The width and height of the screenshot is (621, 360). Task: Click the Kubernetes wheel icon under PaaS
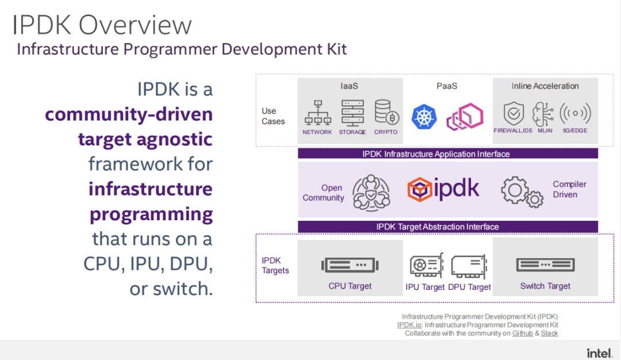(x=424, y=117)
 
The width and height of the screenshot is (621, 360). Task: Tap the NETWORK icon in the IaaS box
(x=317, y=113)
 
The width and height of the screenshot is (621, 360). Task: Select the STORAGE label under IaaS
(x=352, y=132)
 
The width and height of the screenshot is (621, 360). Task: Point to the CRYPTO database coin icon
(x=386, y=113)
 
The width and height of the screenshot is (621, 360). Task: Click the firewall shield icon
(x=513, y=114)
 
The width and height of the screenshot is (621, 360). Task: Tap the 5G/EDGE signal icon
(x=575, y=113)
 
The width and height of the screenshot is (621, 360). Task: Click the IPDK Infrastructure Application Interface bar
(x=448, y=154)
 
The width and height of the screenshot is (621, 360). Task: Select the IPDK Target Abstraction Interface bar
(x=448, y=227)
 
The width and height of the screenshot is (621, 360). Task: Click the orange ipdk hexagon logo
(x=419, y=190)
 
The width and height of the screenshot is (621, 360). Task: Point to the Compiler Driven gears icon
(x=522, y=192)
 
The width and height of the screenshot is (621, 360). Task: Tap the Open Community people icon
(x=371, y=193)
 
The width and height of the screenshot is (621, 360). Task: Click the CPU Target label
(x=350, y=286)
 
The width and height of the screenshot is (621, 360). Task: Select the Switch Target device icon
(x=545, y=265)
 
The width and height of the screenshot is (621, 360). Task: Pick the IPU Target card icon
(x=427, y=265)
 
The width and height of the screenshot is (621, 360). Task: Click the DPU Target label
(x=470, y=287)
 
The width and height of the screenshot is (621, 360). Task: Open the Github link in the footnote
(x=522, y=334)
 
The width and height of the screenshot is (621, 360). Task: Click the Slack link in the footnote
(x=549, y=334)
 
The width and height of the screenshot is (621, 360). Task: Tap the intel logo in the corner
(x=600, y=353)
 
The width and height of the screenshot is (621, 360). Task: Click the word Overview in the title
(x=135, y=25)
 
